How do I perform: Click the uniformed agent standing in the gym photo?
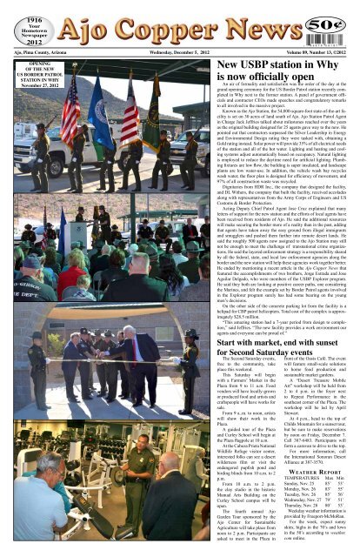click(x=138, y=484)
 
